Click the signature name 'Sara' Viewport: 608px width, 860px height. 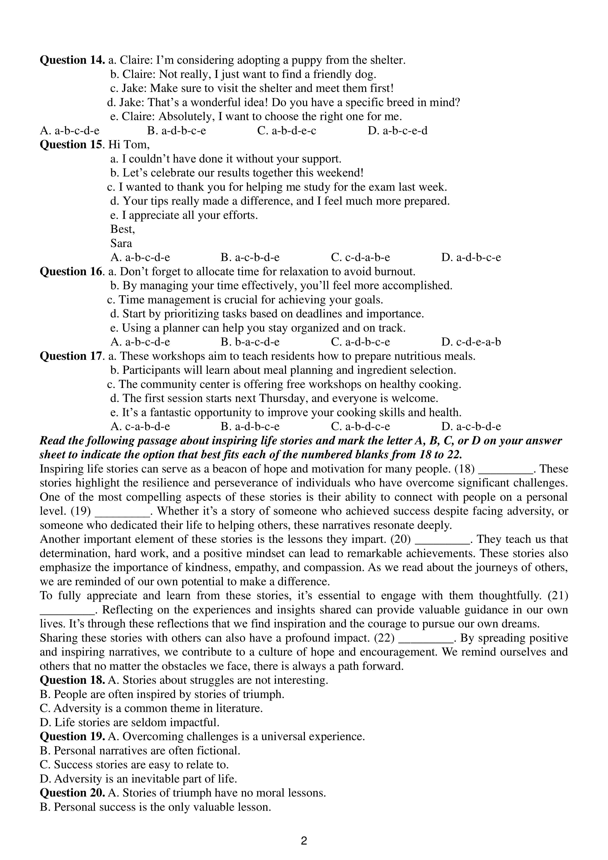pos(121,243)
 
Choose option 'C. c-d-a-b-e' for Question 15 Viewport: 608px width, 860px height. pos(360,258)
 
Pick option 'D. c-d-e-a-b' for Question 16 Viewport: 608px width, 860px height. pos(471,342)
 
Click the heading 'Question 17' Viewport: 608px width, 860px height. pos(71,356)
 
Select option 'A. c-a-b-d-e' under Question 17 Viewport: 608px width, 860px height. pos(140,427)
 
